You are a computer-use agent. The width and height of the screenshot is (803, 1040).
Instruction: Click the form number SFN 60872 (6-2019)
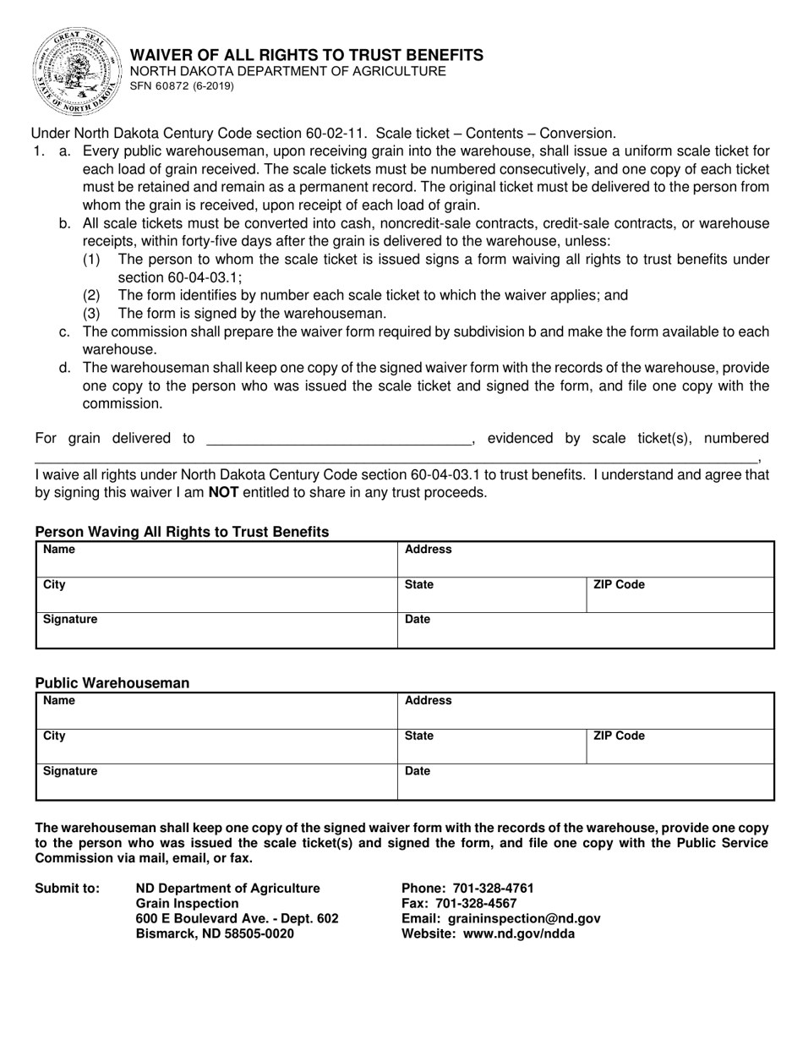182,86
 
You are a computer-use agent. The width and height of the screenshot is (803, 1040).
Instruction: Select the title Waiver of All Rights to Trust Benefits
306,55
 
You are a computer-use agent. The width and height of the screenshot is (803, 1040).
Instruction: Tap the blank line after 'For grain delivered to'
338,438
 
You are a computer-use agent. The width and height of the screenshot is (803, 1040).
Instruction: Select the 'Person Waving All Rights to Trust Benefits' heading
182,532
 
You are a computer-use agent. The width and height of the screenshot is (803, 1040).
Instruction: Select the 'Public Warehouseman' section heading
112,683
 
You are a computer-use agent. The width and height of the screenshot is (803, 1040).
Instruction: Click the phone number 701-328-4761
494,888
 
